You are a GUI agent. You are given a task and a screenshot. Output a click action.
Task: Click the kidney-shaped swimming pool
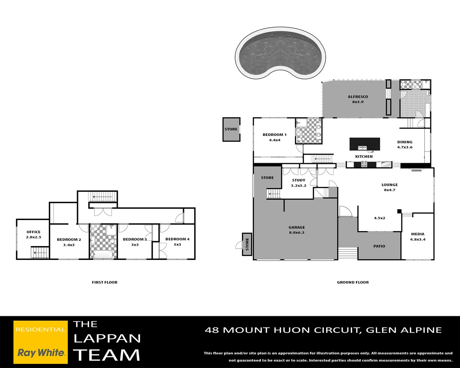click(280, 53)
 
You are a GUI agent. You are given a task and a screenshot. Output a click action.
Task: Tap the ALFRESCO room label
click(358, 97)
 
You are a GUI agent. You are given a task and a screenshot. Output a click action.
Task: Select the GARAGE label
click(297, 227)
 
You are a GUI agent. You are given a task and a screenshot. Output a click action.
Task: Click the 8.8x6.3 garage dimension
click(297, 232)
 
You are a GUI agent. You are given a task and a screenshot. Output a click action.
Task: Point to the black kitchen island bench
click(365, 144)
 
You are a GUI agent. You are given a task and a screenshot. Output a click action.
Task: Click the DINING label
click(405, 142)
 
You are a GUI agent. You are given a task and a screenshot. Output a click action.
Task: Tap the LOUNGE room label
click(390, 185)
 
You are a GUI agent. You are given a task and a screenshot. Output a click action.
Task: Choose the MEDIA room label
click(418, 234)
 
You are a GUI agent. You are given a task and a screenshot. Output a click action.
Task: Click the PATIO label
click(379, 246)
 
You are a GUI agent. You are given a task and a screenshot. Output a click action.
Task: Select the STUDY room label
click(298, 180)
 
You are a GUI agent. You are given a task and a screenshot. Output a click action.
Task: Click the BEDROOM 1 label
click(274, 135)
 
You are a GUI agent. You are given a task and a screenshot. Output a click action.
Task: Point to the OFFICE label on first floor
click(33, 232)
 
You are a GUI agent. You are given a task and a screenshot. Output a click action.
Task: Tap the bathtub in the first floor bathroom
click(103, 255)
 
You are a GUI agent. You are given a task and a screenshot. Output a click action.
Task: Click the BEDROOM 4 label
click(178, 239)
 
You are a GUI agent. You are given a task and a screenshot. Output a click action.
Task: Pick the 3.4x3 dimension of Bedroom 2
click(69, 245)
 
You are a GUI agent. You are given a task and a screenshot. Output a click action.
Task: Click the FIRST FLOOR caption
click(105, 282)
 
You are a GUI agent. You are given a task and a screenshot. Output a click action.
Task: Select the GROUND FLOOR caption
click(353, 282)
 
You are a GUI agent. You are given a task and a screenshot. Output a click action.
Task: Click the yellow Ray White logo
click(41, 342)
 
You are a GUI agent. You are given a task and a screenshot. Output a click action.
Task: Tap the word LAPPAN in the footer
click(107, 339)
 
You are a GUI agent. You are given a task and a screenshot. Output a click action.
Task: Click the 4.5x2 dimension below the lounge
click(380, 218)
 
